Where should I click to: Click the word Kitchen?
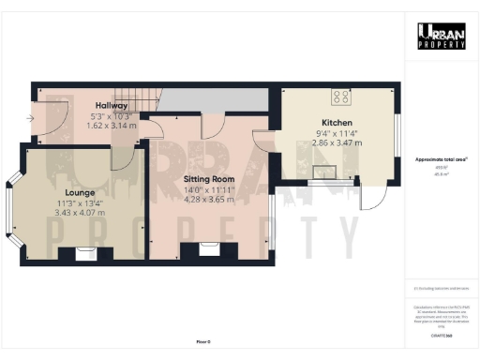pyautogui.click(x=337, y=123)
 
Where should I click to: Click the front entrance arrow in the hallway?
pyautogui.click(x=31, y=118)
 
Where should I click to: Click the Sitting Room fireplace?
pyautogui.click(x=208, y=248)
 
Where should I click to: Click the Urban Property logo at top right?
pyautogui.click(x=441, y=36)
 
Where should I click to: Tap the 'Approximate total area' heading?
pyautogui.click(x=441, y=159)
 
